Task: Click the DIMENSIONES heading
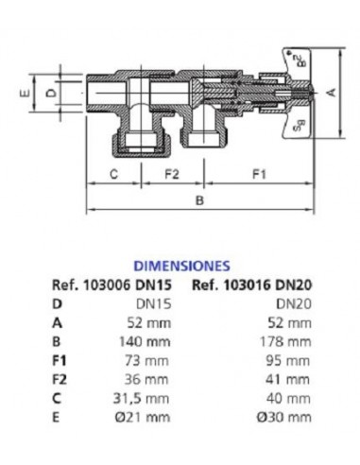coord(180,267)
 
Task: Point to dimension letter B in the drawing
coord(199,200)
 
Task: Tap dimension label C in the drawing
coord(113,174)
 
